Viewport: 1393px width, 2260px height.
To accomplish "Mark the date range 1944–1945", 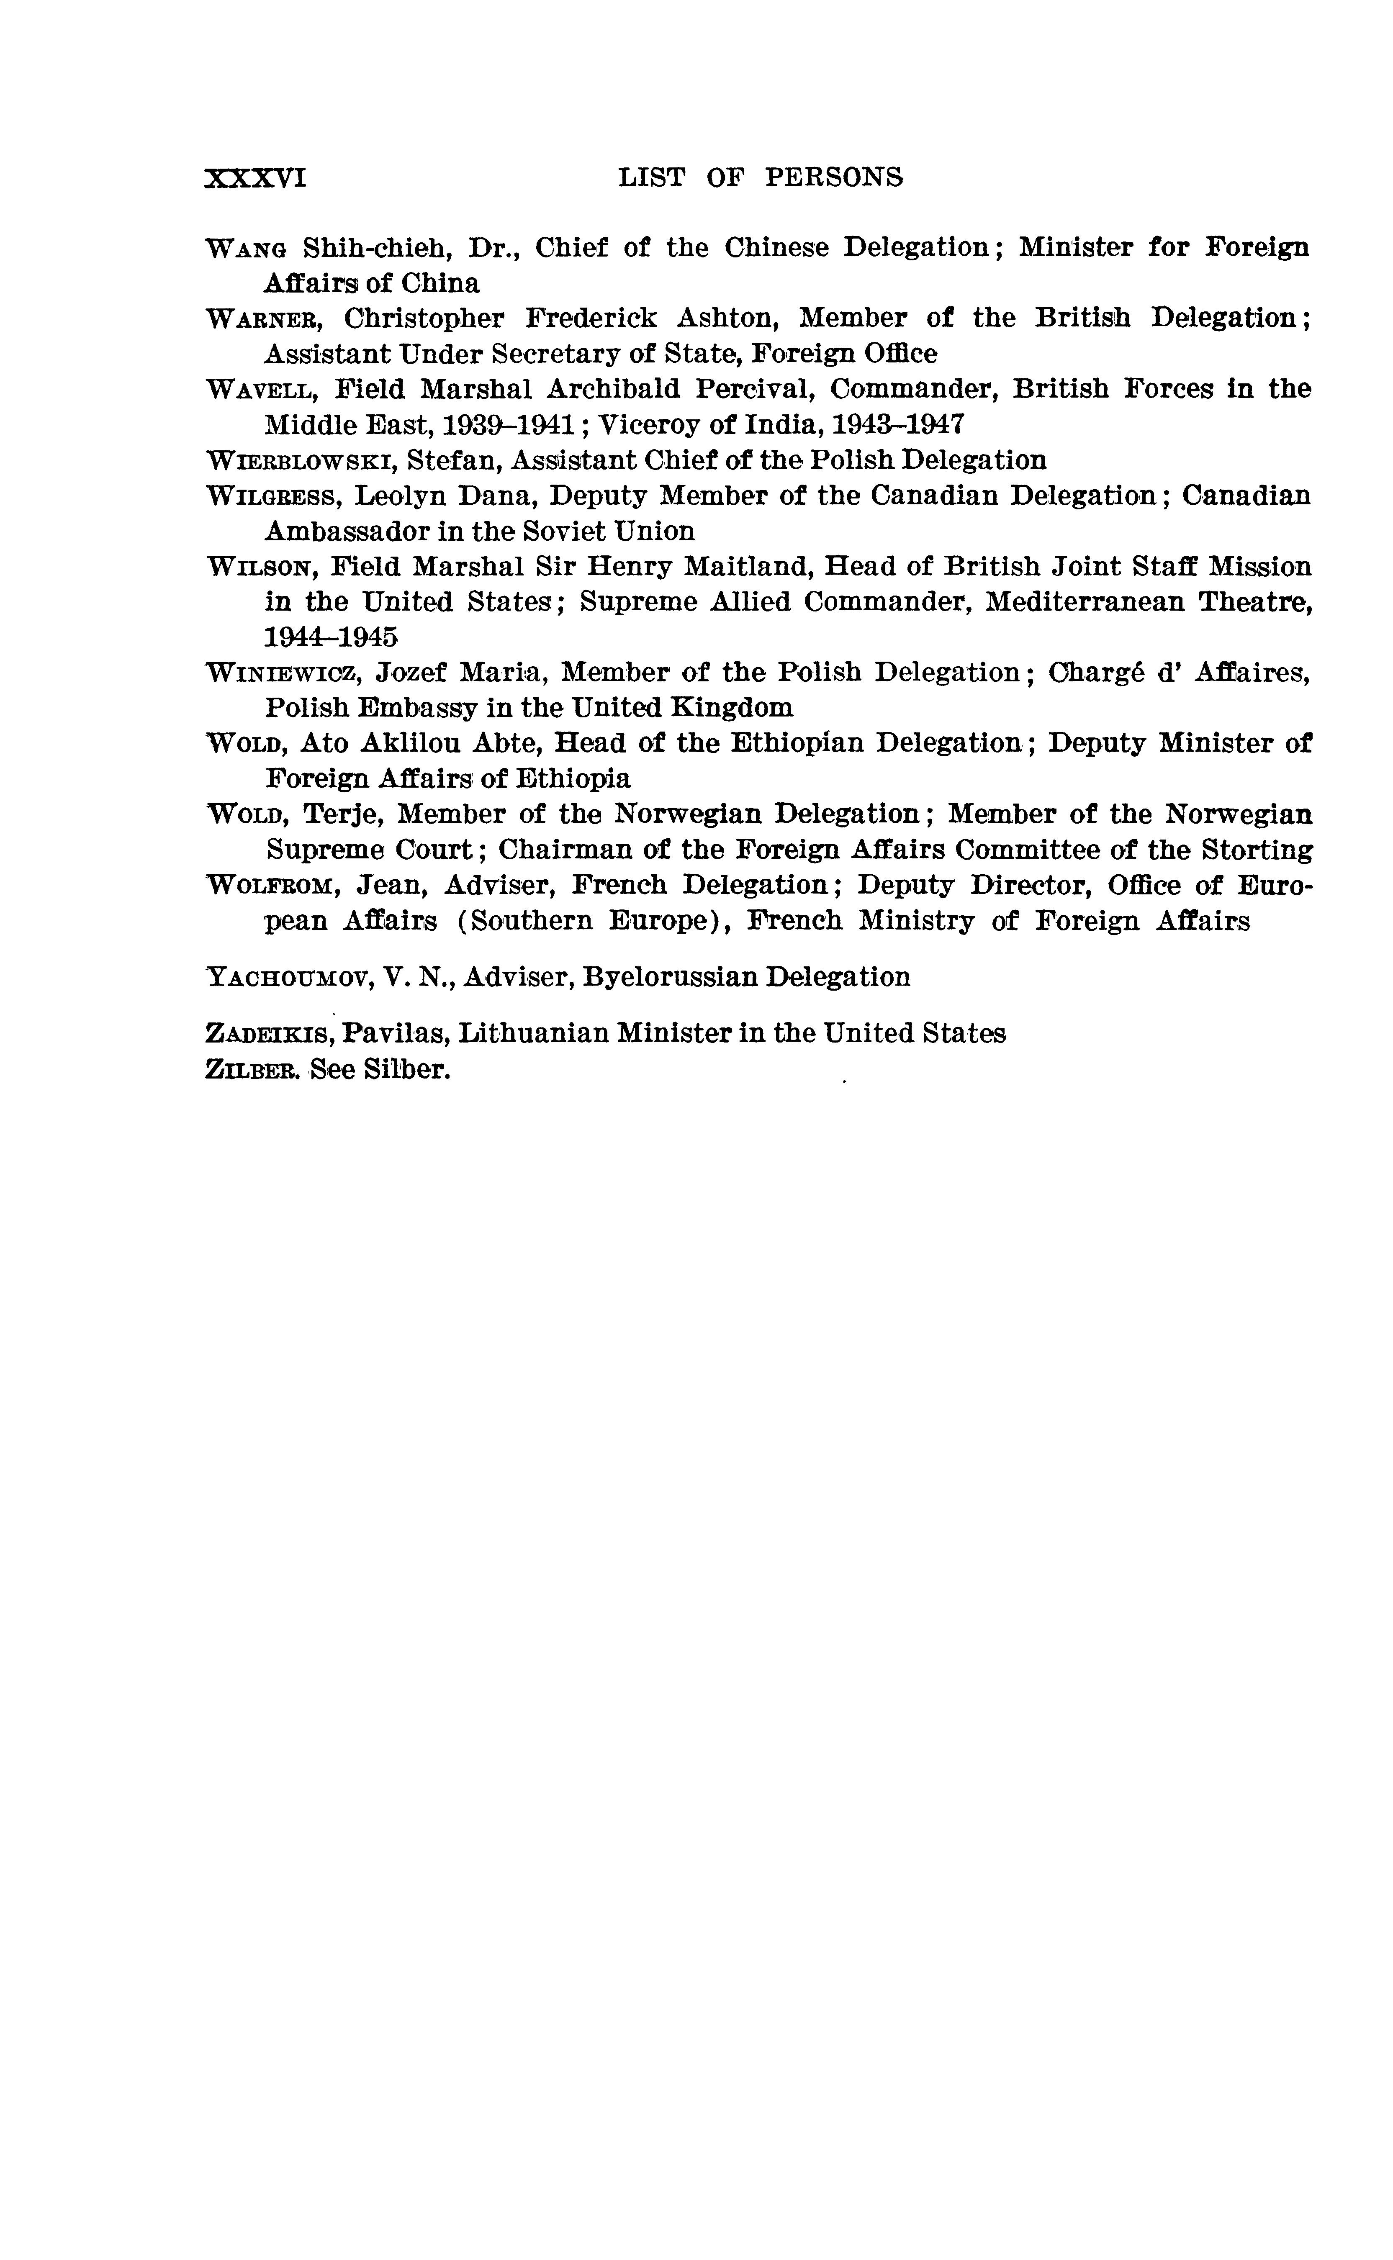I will click(x=331, y=637).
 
